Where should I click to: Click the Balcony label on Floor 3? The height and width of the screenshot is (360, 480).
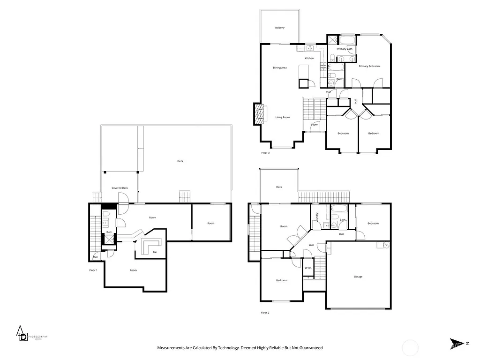(x=279, y=28)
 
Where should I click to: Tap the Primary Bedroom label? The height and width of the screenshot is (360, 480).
(x=369, y=66)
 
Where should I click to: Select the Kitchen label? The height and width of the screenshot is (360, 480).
(x=309, y=58)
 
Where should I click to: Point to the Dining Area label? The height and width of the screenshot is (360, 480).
(x=280, y=67)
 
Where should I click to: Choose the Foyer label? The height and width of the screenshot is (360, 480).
(x=315, y=125)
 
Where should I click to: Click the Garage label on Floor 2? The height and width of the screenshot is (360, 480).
(x=358, y=277)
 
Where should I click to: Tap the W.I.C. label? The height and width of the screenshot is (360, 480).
(x=307, y=268)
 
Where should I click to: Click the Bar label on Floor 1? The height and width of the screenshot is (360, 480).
(x=155, y=252)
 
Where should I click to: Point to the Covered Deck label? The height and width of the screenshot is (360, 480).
(x=120, y=188)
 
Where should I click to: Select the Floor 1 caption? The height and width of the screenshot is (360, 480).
(x=93, y=270)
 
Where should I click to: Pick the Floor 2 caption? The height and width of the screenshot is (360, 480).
(x=265, y=312)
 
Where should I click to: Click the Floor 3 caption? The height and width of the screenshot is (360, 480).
(x=265, y=153)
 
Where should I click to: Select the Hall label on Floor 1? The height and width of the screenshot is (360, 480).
(x=95, y=257)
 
